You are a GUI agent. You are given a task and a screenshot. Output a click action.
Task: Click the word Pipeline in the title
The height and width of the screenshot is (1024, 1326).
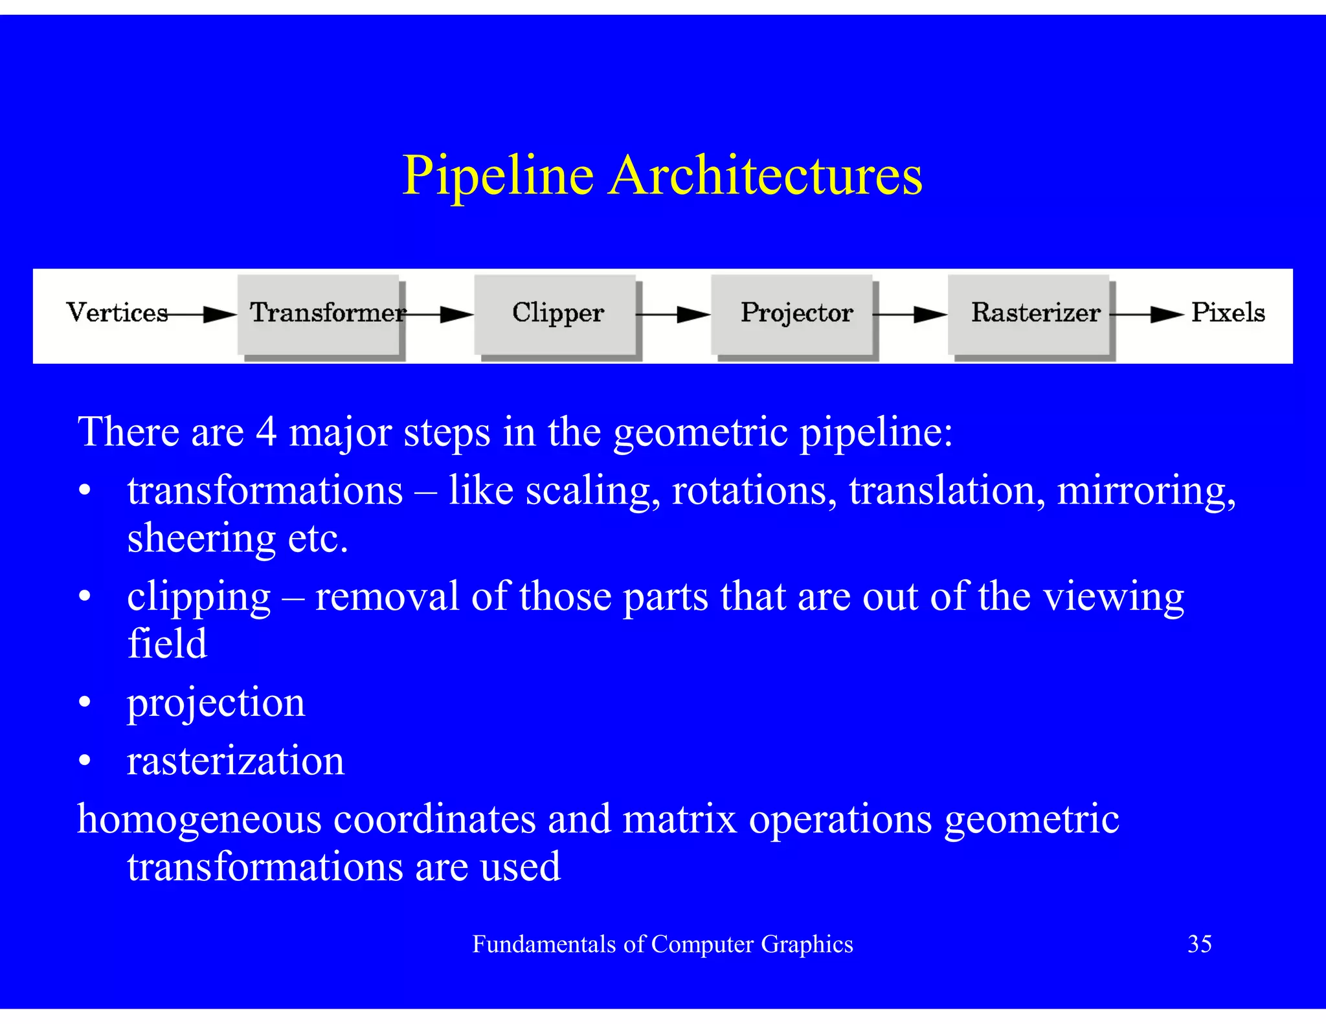point(497,176)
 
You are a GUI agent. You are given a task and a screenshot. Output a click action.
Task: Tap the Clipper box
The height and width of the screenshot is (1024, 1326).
point(556,314)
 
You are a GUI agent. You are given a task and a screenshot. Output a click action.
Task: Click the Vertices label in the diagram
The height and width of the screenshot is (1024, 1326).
point(117,313)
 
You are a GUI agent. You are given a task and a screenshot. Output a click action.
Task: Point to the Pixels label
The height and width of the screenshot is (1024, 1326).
point(1228,313)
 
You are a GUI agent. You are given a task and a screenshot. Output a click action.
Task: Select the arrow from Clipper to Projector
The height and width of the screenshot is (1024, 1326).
point(673,315)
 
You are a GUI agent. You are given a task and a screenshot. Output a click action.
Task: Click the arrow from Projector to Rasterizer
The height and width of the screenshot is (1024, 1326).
point(910,315)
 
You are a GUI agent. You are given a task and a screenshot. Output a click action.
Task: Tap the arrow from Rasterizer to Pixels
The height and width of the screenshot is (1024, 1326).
point(1147,315)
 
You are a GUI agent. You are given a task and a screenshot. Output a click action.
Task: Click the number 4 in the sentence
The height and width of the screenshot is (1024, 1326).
point(266,432)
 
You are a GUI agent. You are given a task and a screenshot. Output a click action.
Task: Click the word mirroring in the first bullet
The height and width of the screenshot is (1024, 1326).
point(1145,491)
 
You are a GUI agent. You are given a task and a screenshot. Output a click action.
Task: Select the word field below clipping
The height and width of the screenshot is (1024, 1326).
point(167,643)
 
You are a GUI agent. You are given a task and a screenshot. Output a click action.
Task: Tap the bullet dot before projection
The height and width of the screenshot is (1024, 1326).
point(85,702)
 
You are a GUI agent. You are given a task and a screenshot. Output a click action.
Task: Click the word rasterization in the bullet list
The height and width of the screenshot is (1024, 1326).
point(236,761)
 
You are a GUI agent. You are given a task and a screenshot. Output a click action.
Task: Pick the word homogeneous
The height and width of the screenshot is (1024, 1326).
point(199,819)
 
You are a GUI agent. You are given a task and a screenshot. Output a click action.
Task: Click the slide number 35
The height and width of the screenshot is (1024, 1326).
point(1199,944)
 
